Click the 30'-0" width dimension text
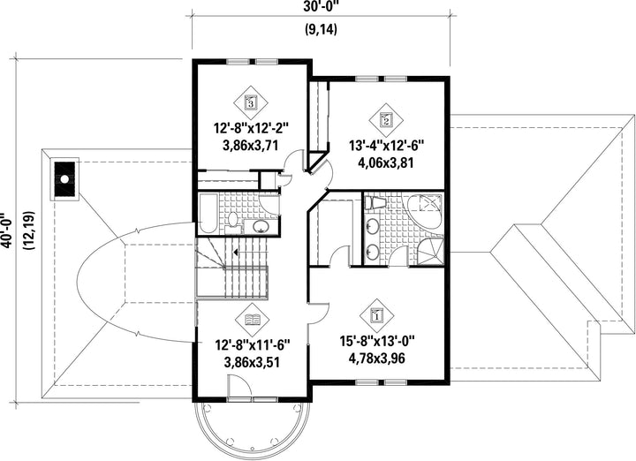pyautogui.click(x=321, y=5)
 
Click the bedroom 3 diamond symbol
pyautogui.click(x=251, y=102)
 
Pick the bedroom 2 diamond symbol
pyautogui.click(x=386, y=119)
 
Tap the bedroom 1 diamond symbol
pyautogui.click(x=377, y=315)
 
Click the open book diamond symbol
pyautogui.click(x=253, y=320)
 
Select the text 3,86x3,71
pyautogui.click(x=251, y=145)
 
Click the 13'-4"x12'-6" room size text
pyautogui.click(x=387, y=145)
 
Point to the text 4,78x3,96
pyautogui.click(x=377, y=359)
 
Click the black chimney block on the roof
pyautogui.click(x=64, y=178)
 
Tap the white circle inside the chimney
pyautogui.click(x=64, y=178)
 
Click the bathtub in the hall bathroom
pyautogui.click(x=208, y=214)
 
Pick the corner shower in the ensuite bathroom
pyautogui.click(x=430, y=252)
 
